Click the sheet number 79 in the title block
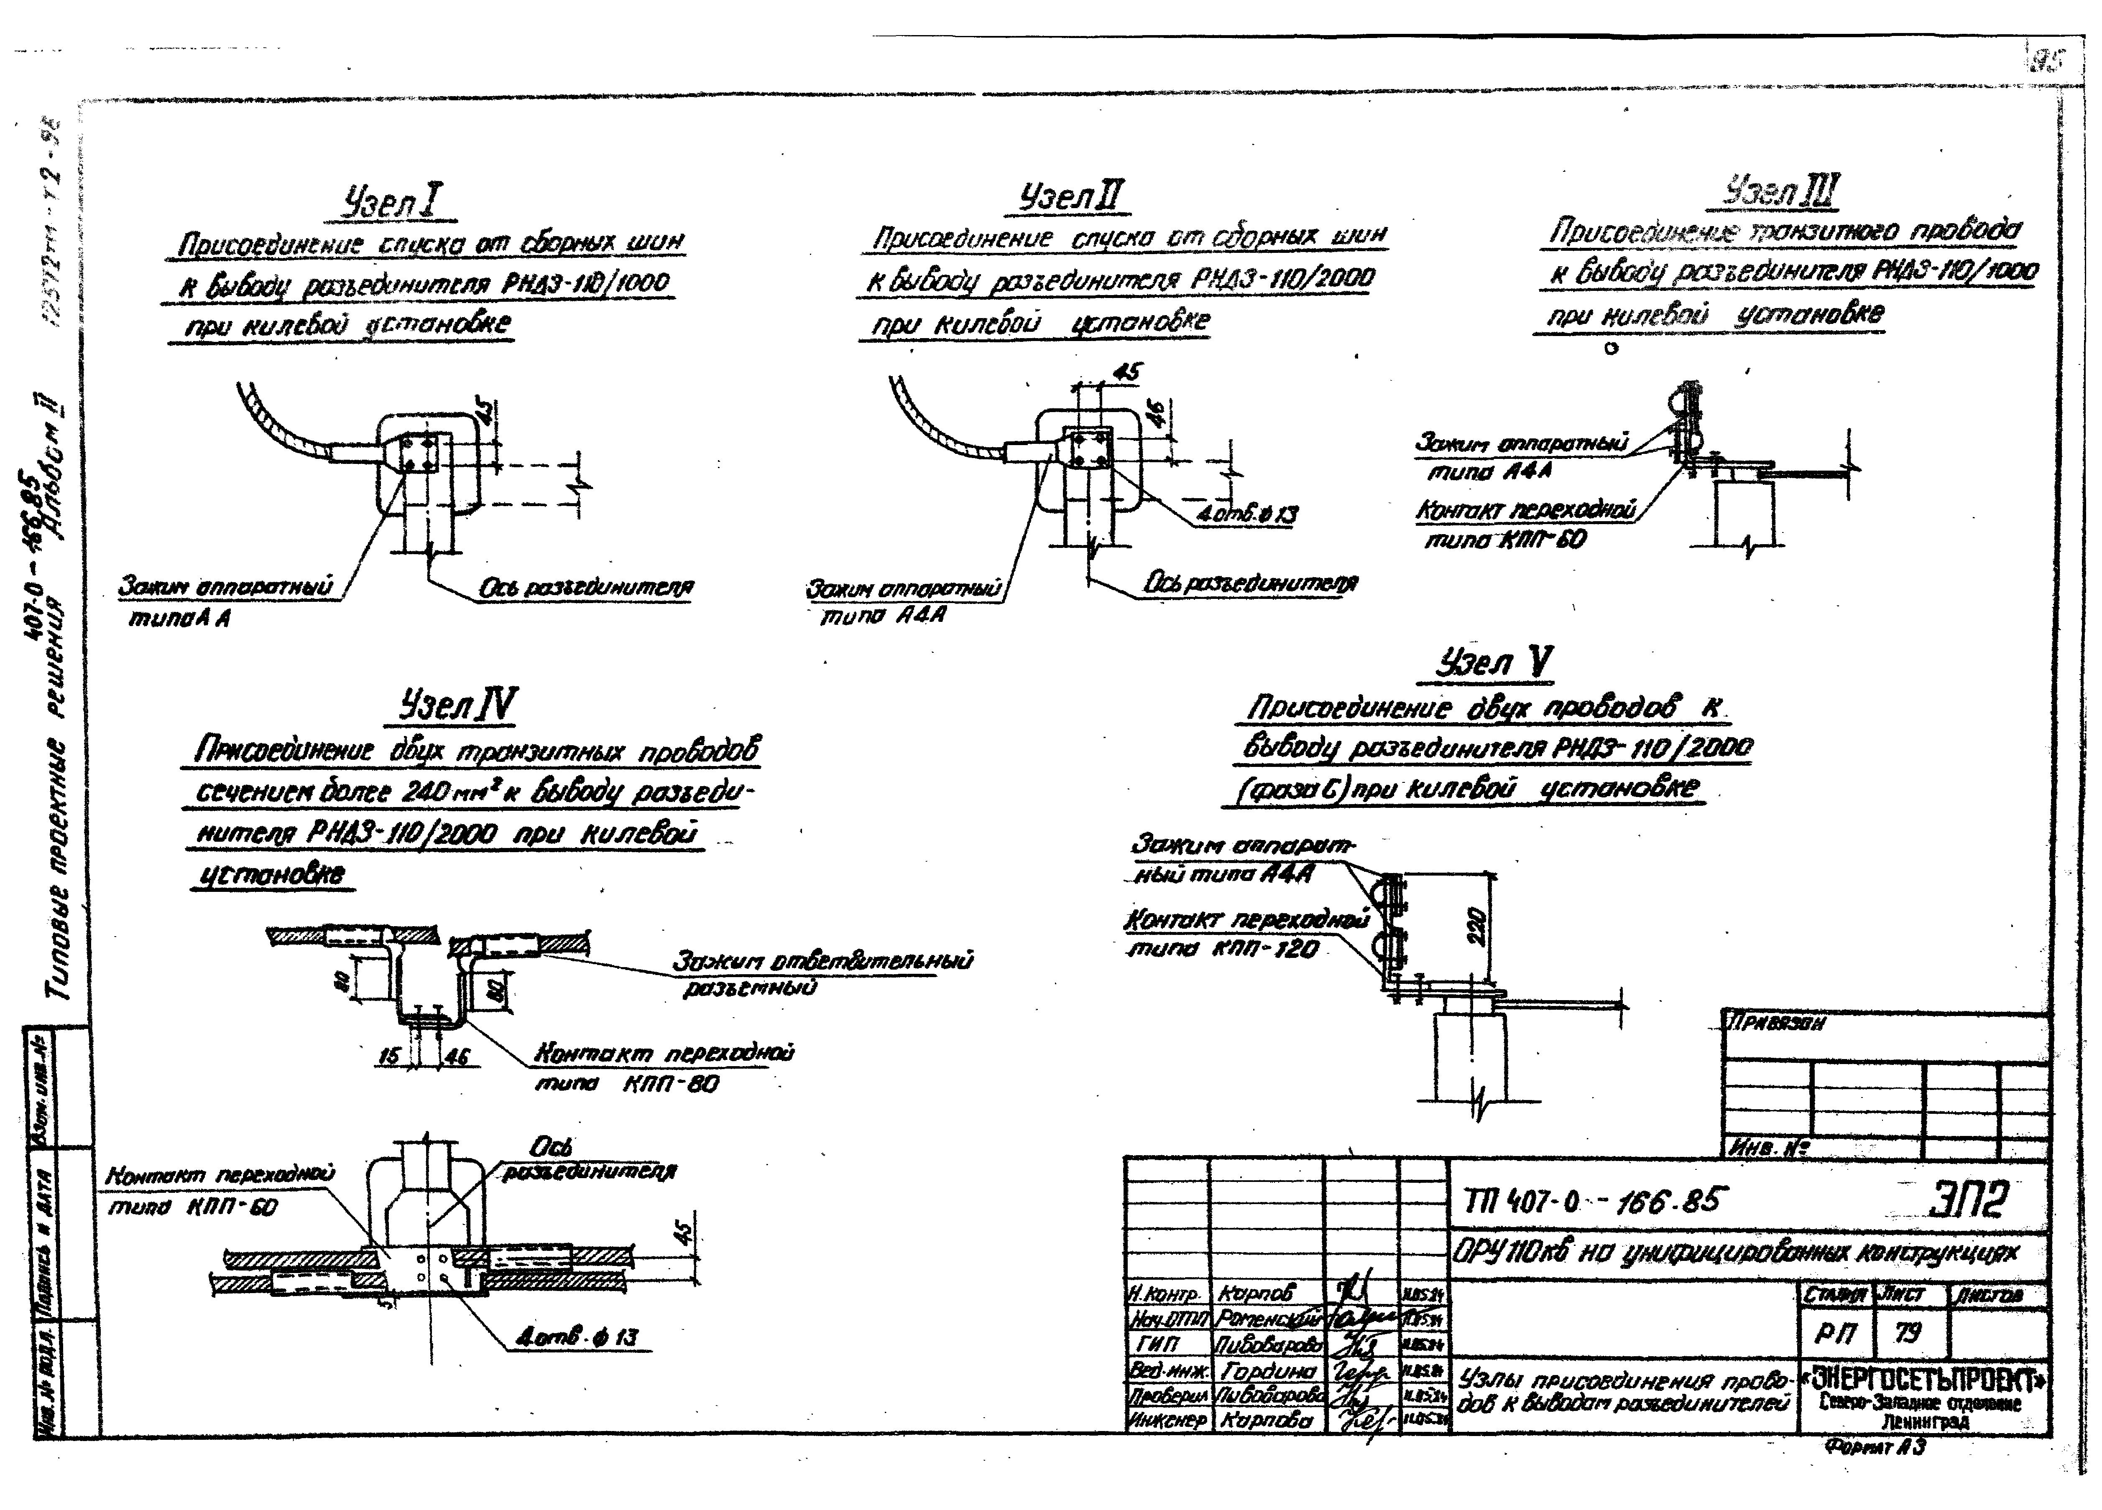tap(1908, 1333)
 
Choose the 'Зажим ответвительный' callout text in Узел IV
tap(822, 961)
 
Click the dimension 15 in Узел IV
tap(390, 1055)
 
